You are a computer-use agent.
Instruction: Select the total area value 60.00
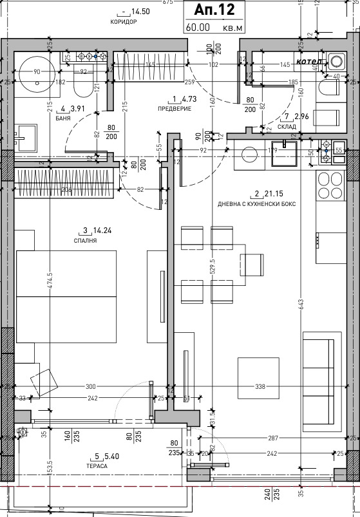pos(199,28)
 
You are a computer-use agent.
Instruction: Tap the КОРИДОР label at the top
pos(124,22)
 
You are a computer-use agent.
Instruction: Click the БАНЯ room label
pos(63,118)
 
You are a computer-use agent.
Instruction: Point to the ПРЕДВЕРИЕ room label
pos(175,109)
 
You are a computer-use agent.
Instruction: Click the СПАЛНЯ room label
pos(85,240)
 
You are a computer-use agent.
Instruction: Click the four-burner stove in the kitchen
pos(332,184)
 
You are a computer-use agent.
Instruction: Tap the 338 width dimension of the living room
pos(260,387)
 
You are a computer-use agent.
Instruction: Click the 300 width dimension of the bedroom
pos(90,386)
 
